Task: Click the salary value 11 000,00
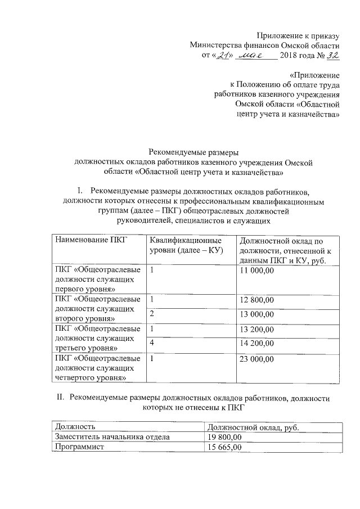(x=256, y=271)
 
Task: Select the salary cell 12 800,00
(x=256, y=299)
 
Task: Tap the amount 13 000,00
(x=256, y=314)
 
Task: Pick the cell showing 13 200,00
(x=256, y=329)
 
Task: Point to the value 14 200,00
(x=256, y=344)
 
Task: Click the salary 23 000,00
(x=256, y=359)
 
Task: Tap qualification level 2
(x=152, y=314)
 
